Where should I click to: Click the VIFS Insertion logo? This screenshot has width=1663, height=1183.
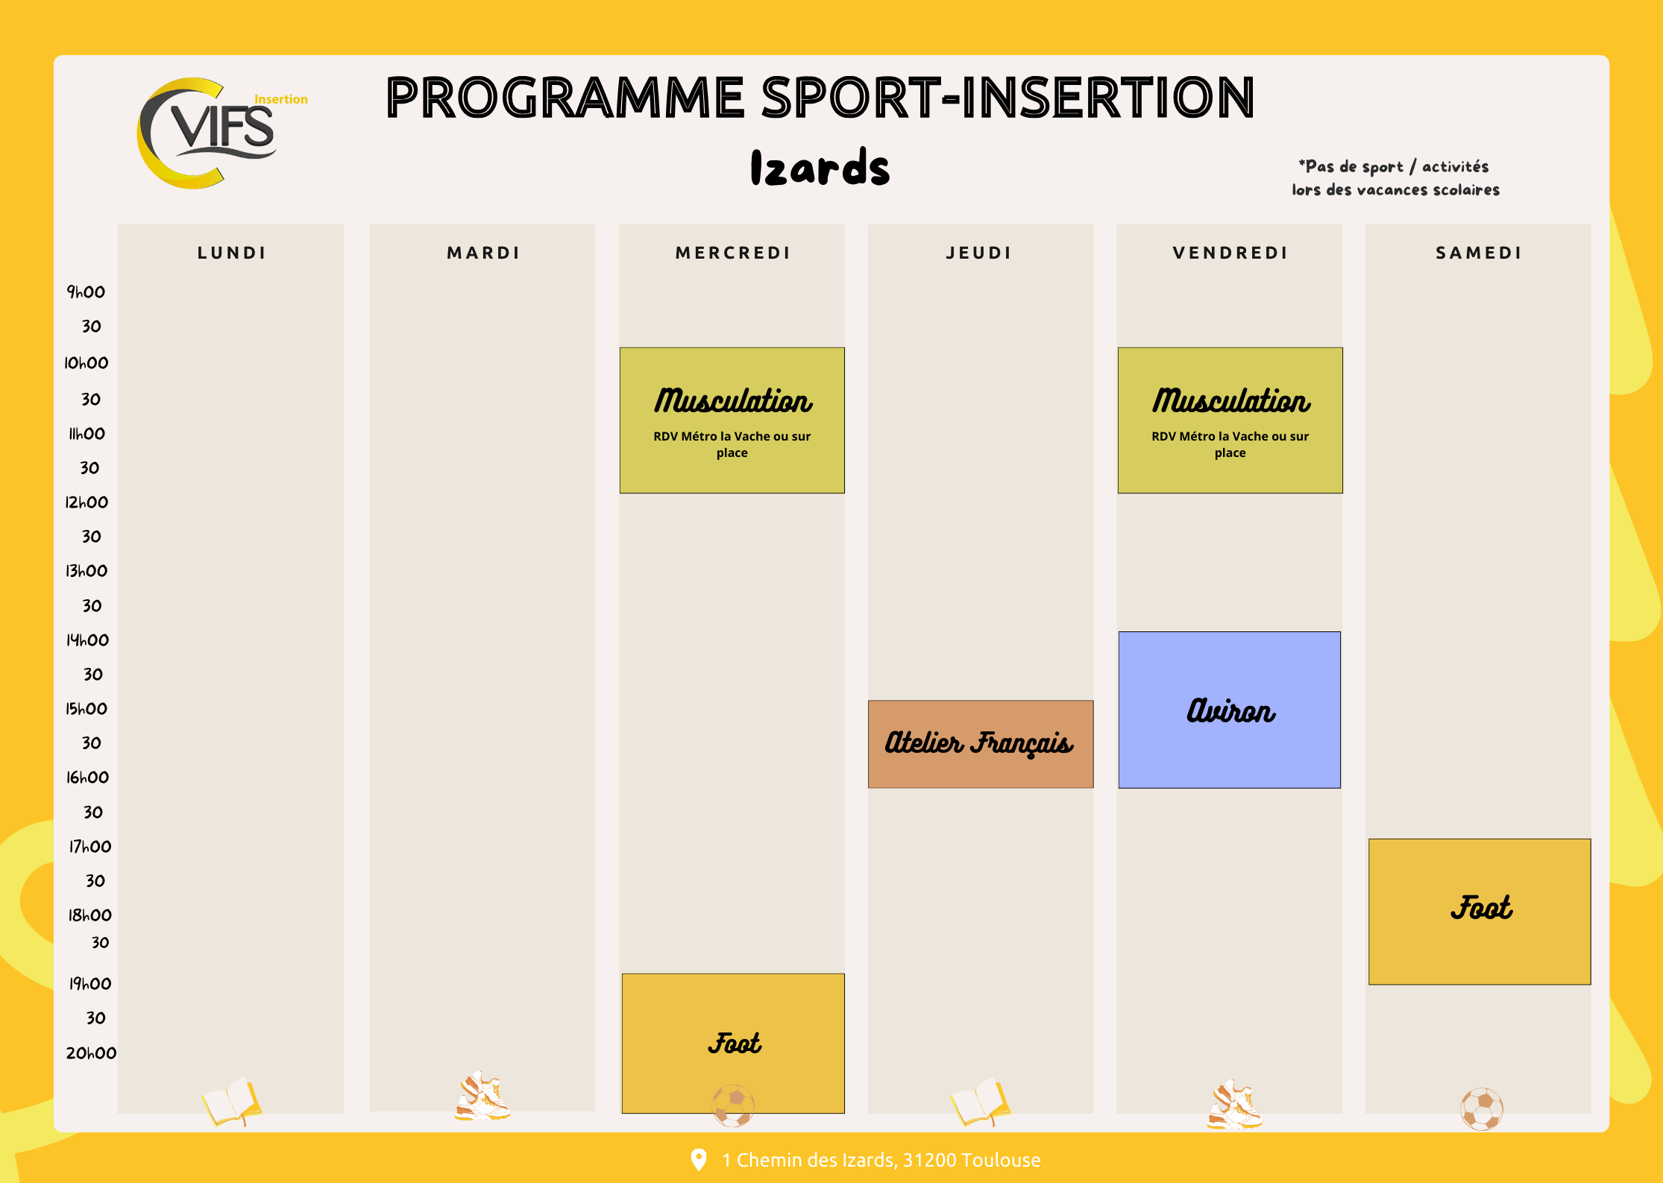tap(222, 133)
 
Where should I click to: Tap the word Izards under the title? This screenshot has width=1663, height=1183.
tap(820, 167)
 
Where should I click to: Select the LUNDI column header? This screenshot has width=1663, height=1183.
tap(232, 253)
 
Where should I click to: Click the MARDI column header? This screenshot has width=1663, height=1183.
tap(483, 253)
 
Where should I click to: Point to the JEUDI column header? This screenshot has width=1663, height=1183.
tap(979, 253)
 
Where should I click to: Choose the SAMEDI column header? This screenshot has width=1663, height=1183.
tap(1479, 253)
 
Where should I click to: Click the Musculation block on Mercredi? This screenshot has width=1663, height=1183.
tap(732, 420)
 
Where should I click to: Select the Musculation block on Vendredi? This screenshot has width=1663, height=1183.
tap(1230, 420)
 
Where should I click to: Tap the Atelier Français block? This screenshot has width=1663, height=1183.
tap(981, 744)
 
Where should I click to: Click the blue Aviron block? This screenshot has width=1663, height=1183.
tap(1230, 710)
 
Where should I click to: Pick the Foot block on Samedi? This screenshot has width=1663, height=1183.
tap(1480, 912)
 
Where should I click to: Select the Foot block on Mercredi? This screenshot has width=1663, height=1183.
tap(733, 1044)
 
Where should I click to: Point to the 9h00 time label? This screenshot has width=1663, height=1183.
tap(86, 291)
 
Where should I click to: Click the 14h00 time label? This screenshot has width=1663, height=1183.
tap(87, 640)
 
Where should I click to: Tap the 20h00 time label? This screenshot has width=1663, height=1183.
tap(91, 1053)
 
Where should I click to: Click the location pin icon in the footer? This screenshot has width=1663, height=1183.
tap(699, 1159)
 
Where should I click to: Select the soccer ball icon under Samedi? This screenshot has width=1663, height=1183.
tap(1482, 1109)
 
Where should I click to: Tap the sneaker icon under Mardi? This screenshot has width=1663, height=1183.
tap(482, 1097)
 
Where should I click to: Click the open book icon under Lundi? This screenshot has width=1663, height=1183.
tap(232, 1102)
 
